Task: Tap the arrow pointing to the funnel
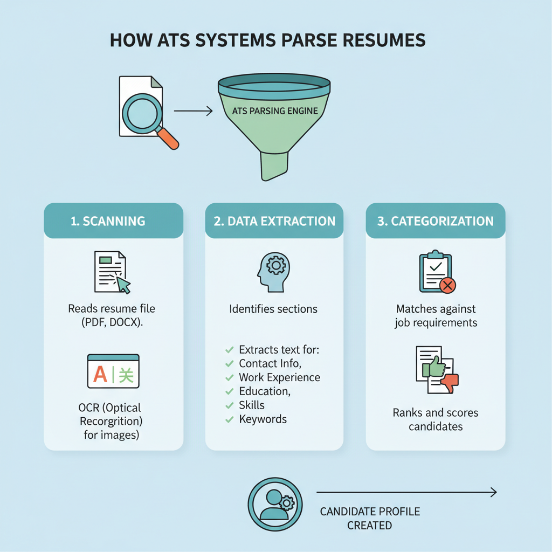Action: point(193,112)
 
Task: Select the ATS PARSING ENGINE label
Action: point(274,112)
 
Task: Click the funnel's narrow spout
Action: point(274,165)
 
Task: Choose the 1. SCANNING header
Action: point(108,221)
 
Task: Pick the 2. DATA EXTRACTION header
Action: point(274,221)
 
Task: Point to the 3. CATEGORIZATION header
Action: point(435,221)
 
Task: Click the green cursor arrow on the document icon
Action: point(124,284)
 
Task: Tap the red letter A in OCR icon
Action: point(100,374)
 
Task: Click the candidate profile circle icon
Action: point(273,499)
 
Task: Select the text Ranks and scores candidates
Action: point(436,419)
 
